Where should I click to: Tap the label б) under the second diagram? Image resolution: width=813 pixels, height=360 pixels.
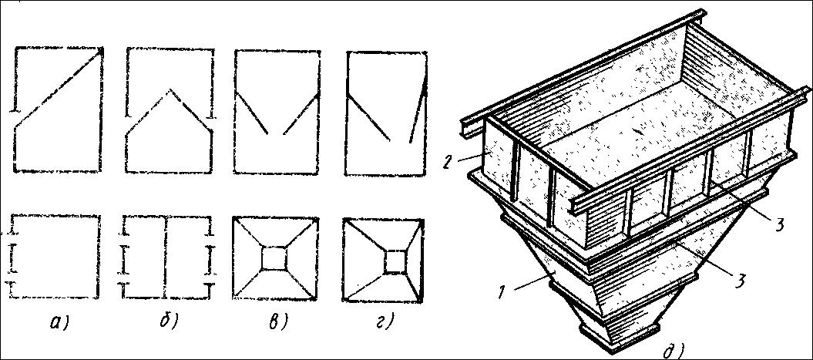[168, 321]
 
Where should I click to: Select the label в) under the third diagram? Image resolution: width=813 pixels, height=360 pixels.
[277, 322]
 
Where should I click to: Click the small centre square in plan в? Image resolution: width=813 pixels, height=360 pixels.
[274, 257]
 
